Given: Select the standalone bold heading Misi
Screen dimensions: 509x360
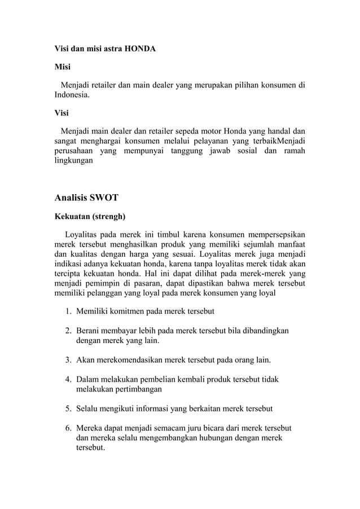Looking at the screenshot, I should click(62, 68).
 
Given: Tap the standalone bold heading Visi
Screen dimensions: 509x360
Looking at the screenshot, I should click(62, 112).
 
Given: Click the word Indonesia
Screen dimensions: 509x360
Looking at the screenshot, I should click(71, 96).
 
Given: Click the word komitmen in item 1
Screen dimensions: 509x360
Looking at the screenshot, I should click(126, 311).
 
